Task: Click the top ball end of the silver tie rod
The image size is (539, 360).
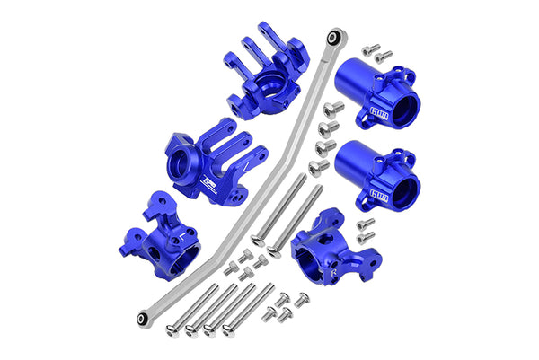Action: click(x=335, y=37)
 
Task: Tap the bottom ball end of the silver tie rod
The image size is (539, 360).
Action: click(x=143, y=319)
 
